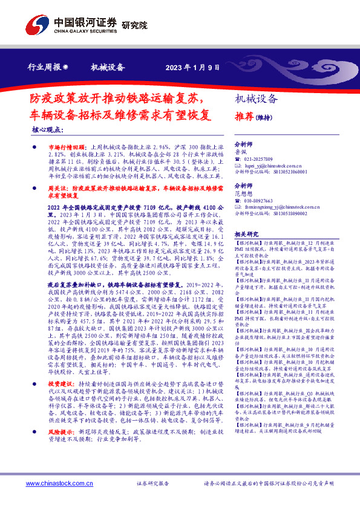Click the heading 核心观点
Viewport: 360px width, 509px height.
(47, 129)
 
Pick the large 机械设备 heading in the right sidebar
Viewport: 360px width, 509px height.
(257, 99)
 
